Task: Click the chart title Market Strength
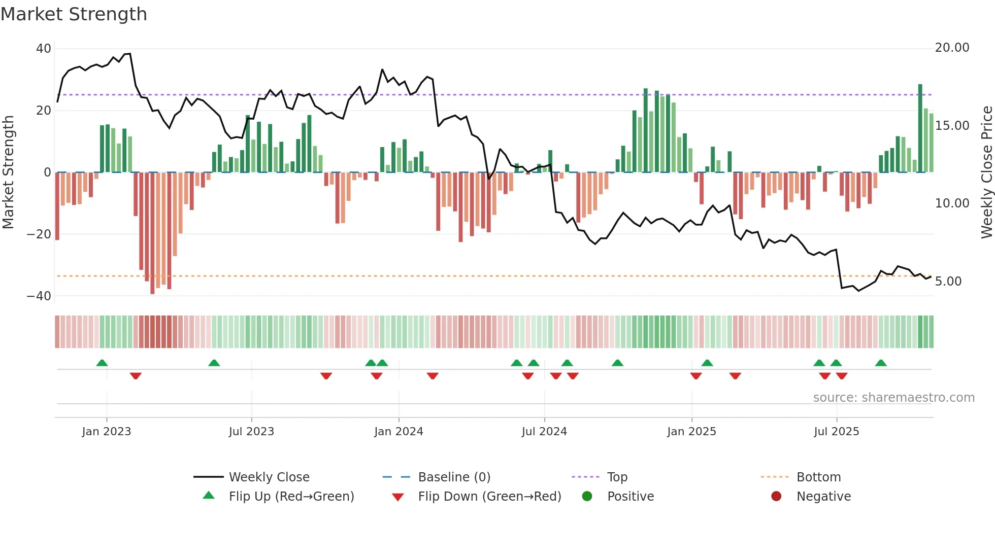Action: tap(74, 14)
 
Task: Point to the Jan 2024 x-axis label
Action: tap(399, 432)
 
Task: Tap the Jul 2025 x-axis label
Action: tap(836, 432)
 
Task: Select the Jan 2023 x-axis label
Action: tap(107, 432)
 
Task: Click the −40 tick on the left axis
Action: tap(39, 296)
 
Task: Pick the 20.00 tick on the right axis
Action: tap(952, 48)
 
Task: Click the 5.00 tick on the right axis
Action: tap(948, 282)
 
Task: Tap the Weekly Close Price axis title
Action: tap(986, 172)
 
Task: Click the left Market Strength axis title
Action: tap(8, 172)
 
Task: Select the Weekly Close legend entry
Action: tap(269, 477)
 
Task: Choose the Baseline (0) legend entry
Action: tap(454, 477)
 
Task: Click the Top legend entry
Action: tap(617, 477)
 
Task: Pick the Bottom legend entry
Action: tap(818, 477)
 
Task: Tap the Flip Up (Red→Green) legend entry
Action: tap(291, 497)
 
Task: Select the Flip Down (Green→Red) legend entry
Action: tap(489, 497)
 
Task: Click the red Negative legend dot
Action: tap(776, 497)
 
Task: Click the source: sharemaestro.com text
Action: tap(893, 398)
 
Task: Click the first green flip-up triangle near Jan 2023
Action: tap(102, 363)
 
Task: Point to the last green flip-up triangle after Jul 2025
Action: tap(881, 363)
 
